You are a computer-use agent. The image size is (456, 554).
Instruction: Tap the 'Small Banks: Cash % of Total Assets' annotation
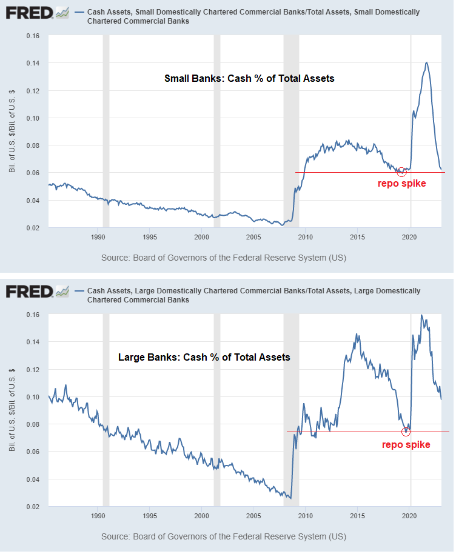tap(249, 79)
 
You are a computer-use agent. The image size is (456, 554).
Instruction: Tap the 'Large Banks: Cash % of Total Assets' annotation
tap(204, 358)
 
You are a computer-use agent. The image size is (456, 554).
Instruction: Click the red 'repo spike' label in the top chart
tap(402, 184)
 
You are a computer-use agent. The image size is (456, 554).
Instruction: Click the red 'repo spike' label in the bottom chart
tap(406, 444)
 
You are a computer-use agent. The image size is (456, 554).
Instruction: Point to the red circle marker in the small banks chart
tap(401, 172)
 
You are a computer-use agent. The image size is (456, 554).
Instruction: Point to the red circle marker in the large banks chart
tap(406, 432)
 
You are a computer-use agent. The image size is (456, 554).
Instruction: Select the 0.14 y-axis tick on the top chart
tap(32, 64)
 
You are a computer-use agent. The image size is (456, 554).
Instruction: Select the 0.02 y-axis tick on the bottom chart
tap(32, 507)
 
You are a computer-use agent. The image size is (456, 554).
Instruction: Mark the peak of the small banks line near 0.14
tap(427, 62)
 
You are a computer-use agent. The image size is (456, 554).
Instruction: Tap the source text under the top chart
tap(224, 258)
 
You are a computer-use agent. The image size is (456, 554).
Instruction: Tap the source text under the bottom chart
tap(224, 536)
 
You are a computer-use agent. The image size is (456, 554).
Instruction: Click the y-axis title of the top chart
tap(12, 132)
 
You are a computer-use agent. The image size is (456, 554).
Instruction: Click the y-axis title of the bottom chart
tap(12, 410)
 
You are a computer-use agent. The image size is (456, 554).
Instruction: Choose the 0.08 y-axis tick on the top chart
tap(32, 145)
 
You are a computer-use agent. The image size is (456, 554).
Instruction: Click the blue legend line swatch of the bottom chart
tap(79, 292)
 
